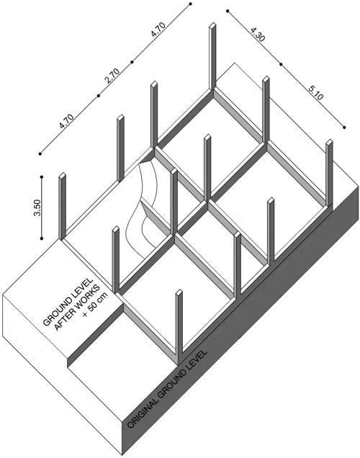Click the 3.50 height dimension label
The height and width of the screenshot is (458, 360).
tap(37, 207)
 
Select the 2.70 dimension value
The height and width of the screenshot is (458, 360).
tap(112, 76)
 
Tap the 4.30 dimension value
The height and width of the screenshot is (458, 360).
tap(258, 34)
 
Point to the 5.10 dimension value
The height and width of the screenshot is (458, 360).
tap(316, 92)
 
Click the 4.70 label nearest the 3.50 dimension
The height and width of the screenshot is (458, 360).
tap(66, 121)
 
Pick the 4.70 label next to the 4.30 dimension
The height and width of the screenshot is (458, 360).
tap(158, 30)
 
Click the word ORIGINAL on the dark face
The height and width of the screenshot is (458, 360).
tap(143, 410)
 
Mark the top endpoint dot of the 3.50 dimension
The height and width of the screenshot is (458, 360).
tap(42, 177)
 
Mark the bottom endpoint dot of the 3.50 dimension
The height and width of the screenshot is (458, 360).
tap(42, 238)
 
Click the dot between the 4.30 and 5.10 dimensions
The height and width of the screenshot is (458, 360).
tap(281, 64)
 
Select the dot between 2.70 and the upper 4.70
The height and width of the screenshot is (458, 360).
tap(132, 62)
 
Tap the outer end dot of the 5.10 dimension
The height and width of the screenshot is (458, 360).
tap(345, 127)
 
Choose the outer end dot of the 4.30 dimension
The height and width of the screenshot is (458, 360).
tap(228, 11)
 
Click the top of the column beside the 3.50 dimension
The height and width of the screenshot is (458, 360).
tap(63, 176)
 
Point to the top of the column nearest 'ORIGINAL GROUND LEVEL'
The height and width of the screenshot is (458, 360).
tap(179, 292)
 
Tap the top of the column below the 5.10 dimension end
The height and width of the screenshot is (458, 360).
tap(329, 142)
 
